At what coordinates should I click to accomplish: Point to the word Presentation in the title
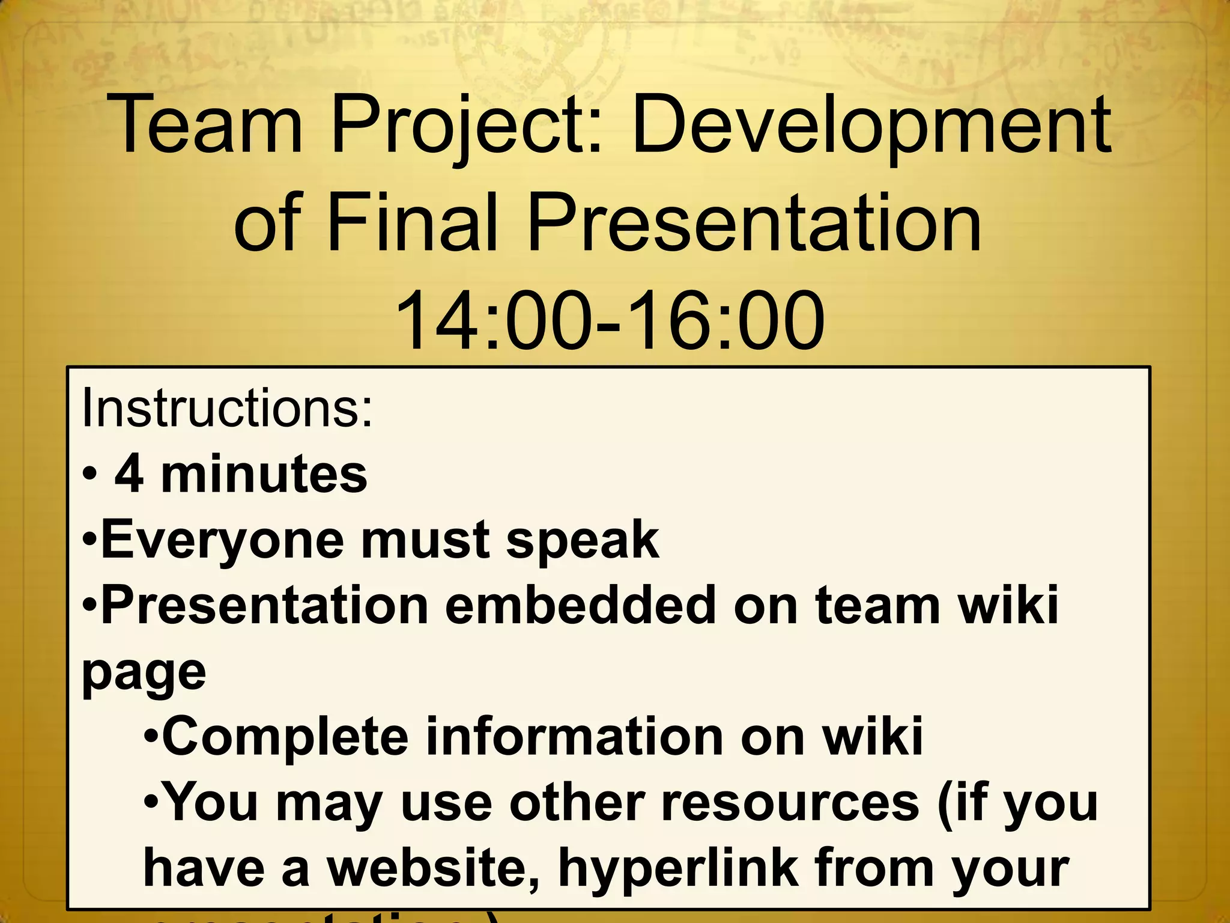click(754, 224)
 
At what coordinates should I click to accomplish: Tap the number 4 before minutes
click(129, 475)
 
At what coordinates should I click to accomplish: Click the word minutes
click(264, 475)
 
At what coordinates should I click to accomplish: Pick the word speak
click(583, 540)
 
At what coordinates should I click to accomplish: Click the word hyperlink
click(679, 870)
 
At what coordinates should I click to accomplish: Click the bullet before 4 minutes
click(89, 475)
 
